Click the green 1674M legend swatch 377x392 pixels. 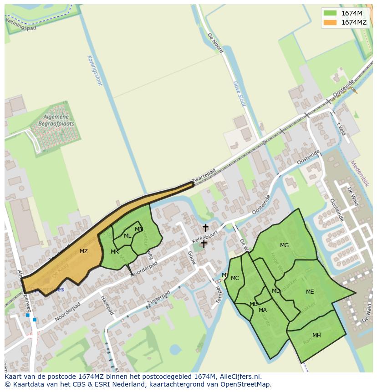(330, 13)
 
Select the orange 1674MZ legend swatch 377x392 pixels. (330, 22)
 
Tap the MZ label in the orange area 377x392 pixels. (84, 251)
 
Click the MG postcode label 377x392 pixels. (284, 245)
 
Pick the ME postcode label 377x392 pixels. (310, 292)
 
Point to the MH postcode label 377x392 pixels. (316, 336)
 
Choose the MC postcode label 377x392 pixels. (235, 278)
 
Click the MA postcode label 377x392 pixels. (263, 310)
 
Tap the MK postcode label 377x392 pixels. (115, 252)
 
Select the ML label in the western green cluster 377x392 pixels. (127, 236)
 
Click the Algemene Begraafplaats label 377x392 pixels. (56, 120)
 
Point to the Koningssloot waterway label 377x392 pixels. (95, 71)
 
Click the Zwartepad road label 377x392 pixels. (204, 177)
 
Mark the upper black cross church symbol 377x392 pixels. (205, 228)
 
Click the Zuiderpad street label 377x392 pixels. (158, 299)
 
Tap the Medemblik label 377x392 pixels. (360, 173)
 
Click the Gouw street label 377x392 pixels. (192, 258)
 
